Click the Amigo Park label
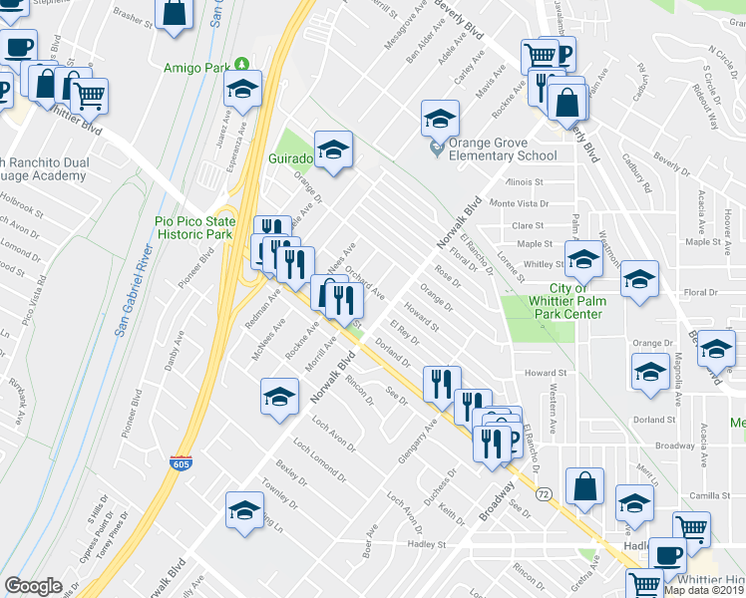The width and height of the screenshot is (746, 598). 193,68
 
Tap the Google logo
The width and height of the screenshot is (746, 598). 33,586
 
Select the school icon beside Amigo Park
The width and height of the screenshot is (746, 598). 242,91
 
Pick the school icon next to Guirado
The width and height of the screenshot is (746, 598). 334,150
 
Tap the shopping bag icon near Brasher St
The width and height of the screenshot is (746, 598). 174,13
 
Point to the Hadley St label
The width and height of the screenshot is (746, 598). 423,544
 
